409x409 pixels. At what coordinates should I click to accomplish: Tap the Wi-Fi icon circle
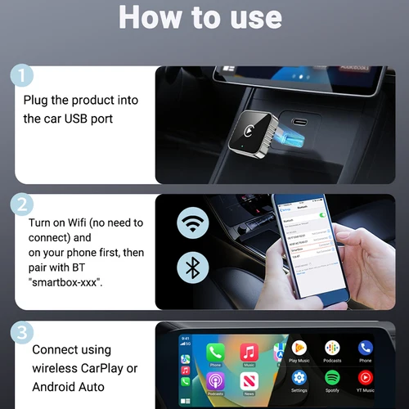point(193,224)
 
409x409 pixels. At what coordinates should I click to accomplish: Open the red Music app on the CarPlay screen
point(249,351)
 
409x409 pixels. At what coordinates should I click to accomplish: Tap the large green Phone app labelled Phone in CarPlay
point(215,351)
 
